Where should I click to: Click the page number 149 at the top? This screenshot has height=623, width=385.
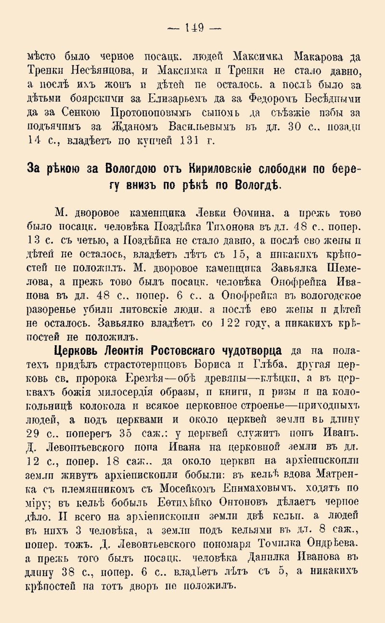(193, 27)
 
